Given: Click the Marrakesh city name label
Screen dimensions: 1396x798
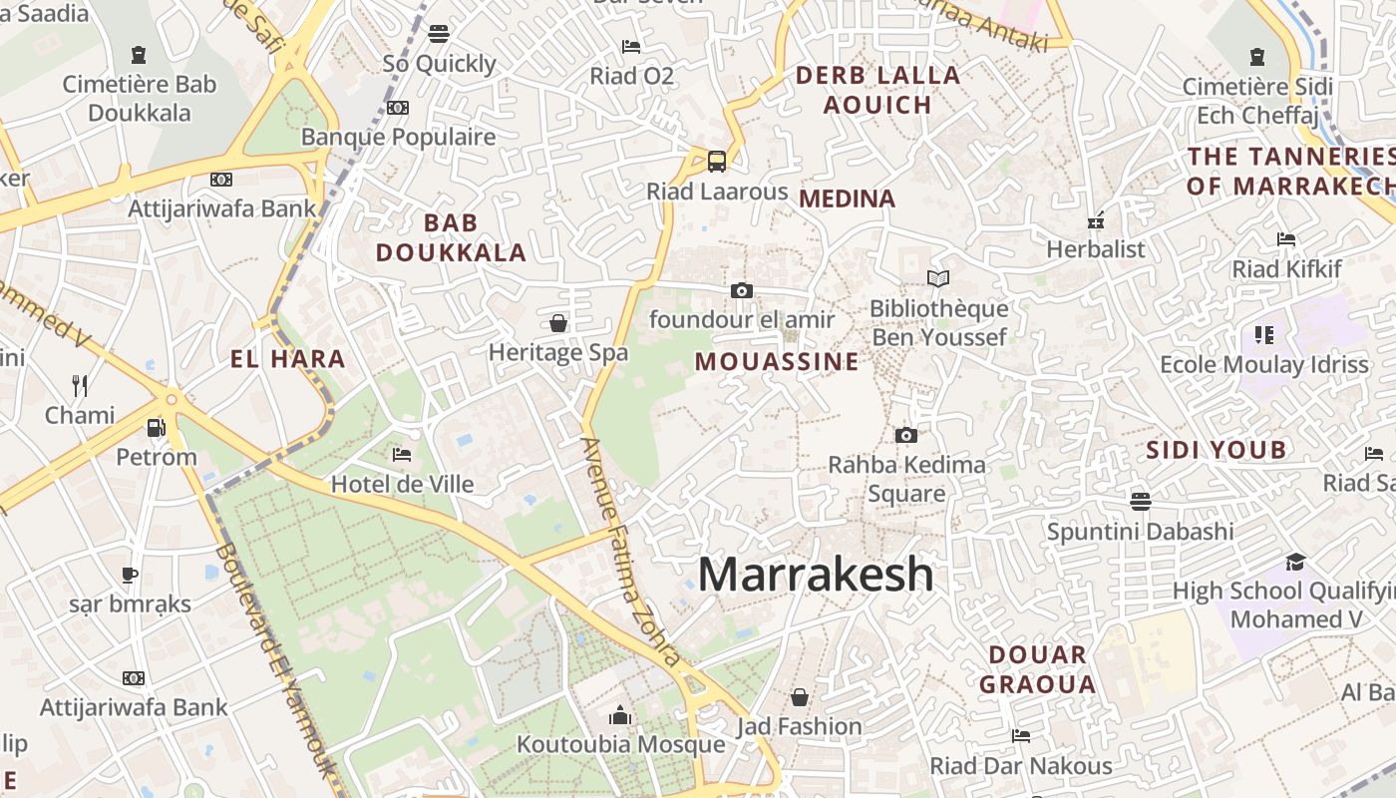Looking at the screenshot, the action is [x=816, y=575].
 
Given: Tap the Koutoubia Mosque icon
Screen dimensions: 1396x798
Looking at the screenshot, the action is [x=620, y=715].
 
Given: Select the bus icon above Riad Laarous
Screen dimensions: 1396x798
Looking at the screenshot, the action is [x=716, y=161].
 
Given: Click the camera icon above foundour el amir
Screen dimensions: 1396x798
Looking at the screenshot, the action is [x=741, y=290].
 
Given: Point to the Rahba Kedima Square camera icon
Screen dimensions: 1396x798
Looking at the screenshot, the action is [x=905, y=435].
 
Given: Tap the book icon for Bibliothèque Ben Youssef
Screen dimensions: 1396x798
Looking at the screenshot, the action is [x=938, y=278].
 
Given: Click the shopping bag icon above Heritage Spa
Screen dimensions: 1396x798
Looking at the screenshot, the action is [x=558, y=322].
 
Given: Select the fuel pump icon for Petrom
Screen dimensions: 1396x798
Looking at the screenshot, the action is [x=156, y=427].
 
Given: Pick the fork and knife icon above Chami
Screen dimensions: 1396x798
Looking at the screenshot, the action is [x=80, y=385].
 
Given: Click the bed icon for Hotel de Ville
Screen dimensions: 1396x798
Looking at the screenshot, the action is [x=402, y=455].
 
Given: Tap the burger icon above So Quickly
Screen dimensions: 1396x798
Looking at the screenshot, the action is [x=438, y=33].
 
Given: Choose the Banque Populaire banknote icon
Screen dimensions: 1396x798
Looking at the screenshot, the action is [x=398, y=107].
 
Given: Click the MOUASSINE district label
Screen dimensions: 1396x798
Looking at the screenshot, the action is [x=777, y=361].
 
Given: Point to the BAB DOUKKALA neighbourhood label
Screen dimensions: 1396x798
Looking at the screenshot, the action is [x=451, y=237].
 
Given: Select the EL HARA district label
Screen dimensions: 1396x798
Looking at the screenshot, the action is [x=287, y=359].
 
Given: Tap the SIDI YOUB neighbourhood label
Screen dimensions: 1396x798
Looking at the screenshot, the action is [x=1217, y=450].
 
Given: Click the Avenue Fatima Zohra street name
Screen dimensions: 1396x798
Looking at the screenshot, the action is [x=631, y=552].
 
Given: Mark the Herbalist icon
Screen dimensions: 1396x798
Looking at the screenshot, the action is [x=1096, y=220].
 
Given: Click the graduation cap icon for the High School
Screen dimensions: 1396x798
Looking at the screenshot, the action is [x=1295, y=562].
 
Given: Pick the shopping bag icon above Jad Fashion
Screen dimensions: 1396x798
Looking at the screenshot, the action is [x=799, y=696].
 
